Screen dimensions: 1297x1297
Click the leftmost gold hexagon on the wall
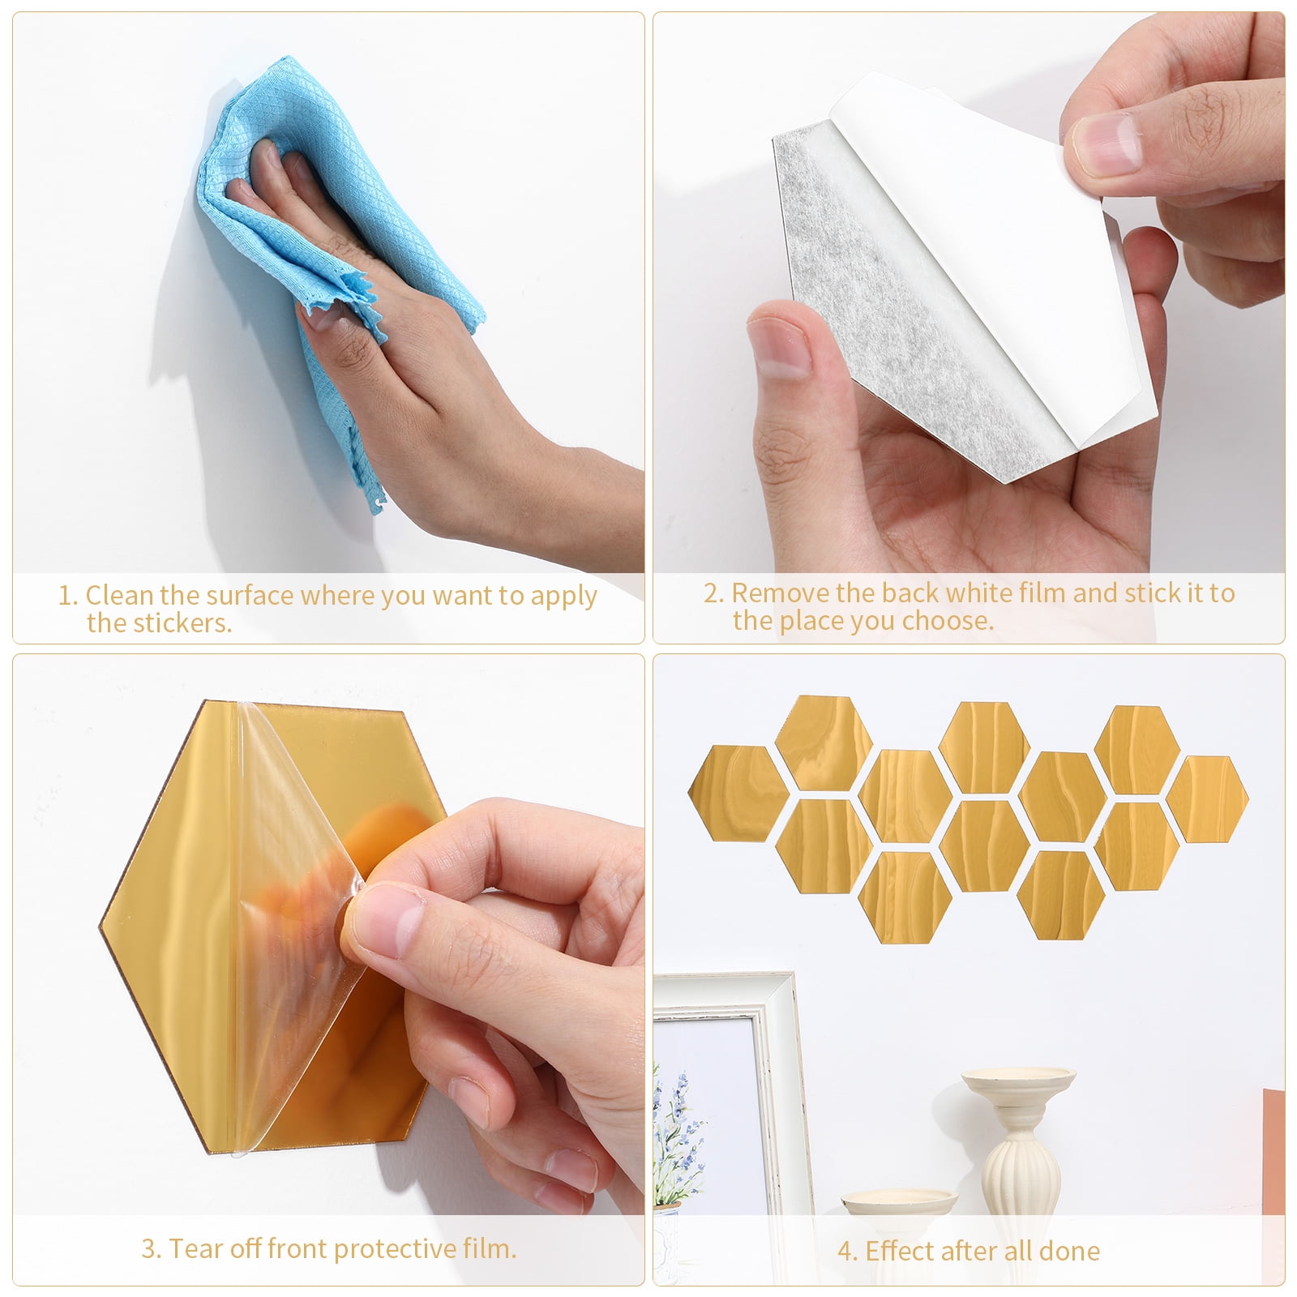click(x=735, y=793)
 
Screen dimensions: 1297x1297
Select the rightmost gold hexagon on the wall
click(x=1207, y=798)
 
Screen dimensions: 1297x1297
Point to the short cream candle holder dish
click(x=898, y=1204)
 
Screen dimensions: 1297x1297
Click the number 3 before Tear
click(x=150, y=1249)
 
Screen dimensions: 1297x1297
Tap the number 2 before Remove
click(x=713, y=593)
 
